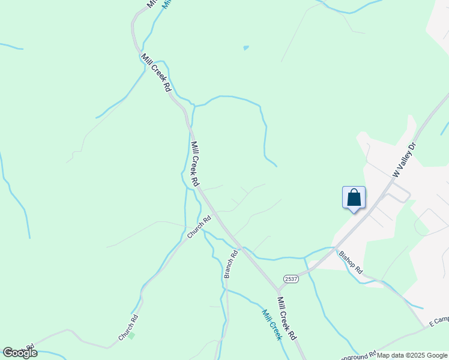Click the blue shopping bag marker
click(354, 197)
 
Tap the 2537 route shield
click(291, 279)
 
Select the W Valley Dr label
click(404, 159)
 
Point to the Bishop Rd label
click(351, 262)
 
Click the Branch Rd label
click(231, 264)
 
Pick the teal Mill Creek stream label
click(271, 324)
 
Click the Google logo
click(20, 353)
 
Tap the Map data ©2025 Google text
click(412, 355)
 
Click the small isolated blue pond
click(246, 47)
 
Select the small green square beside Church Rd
click(131, 335)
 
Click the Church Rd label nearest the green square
click(128, 328)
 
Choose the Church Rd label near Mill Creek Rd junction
click(199, 227)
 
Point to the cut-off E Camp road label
click(439, 322)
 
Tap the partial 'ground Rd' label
click(358, 355)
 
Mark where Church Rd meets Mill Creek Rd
click(214, 214)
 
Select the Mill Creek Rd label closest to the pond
click(157, 72)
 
